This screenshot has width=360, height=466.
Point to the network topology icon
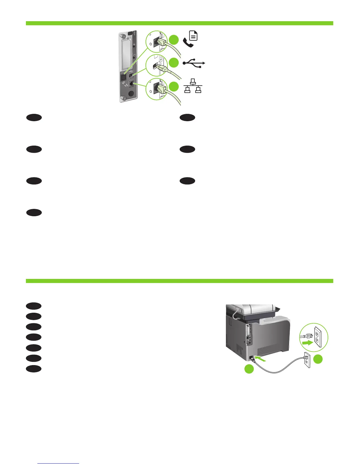pyautogui.click(x=193, y=86)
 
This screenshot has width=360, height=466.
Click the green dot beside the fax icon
pyautogui.click(x=174, y=40)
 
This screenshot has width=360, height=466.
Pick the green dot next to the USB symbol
pyautogui.click(x=174, y=63)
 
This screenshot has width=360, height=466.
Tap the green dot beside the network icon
pyautogui.click(x=174, y=86)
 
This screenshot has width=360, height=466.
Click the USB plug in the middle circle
pyautogui.click(x=160, y=67)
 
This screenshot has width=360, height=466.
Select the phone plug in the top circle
pyautogui.click(x=161, y=44)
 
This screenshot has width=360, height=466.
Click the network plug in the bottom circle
pyautogui.click(x=161, y=90)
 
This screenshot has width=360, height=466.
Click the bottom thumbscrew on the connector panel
pyautogui.click(x=124, y=98)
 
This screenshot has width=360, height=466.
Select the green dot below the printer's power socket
pyautogui.click(x=249, y=369)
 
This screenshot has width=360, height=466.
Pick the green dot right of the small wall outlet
pyautogui.click(x=318, y=359)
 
